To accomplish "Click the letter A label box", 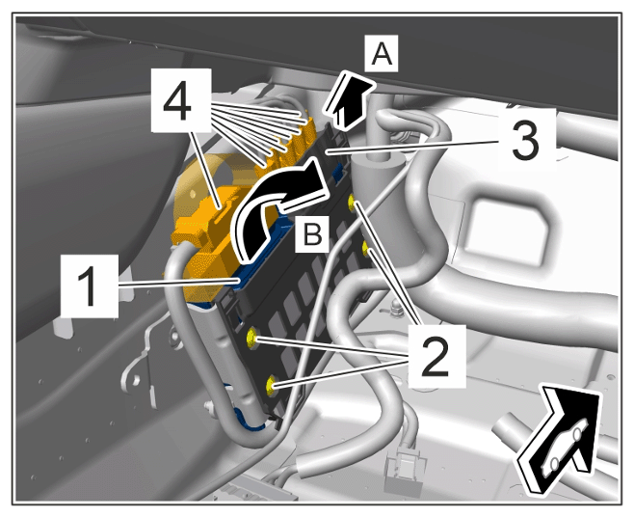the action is click(382, 54).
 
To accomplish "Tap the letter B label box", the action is click(312, 233).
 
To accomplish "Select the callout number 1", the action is click(90, 286).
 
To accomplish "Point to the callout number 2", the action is click(436, 356).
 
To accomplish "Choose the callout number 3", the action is click(526, 140).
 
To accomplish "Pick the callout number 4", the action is click(181, 100).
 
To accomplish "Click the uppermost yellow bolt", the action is click(352, 202).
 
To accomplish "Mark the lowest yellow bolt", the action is click(271, 385).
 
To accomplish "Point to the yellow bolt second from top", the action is click(366, 248).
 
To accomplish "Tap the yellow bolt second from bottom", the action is click(251, 338).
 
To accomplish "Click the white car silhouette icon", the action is click(564, 447).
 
